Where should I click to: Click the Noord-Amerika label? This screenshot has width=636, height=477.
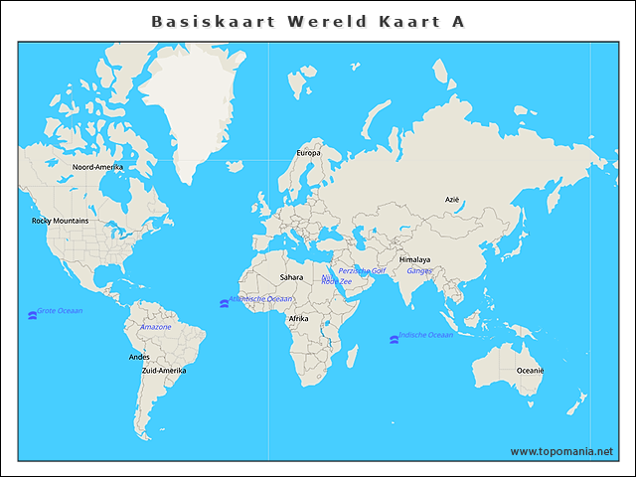click(97, 167)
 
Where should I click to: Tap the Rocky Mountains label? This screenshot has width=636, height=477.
click(60, 221)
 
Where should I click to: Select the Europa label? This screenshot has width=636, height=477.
click(309, 153)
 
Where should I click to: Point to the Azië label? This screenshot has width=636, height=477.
click(452, 200)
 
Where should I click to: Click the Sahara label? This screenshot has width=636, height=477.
click(291, 277)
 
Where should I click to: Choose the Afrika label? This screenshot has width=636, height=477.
click(298, 318)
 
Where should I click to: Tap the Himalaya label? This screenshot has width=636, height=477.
click(414, 259)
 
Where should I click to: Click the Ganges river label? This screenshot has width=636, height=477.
click(419, 270)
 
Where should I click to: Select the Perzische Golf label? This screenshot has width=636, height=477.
click(362, 270)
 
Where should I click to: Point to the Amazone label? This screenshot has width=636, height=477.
click(155, 327)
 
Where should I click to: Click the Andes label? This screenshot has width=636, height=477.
click(139, 357)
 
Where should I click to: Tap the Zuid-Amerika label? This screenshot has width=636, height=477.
click(164, 370)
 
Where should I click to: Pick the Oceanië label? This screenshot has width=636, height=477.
click(530, 370)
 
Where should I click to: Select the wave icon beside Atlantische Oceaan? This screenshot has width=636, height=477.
click(223, 302)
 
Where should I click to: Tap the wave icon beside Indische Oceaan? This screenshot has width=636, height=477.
click(394, 339)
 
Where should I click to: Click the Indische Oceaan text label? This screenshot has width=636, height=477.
click(425, 335)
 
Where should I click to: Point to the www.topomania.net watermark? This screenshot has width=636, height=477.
click(561, 451)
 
